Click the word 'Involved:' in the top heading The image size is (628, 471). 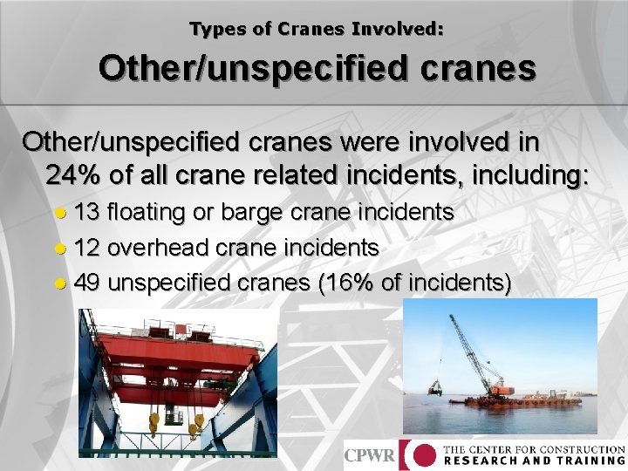pos(397,29)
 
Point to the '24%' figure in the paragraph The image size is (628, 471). pos(73,175)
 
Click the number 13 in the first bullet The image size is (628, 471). pos(87,212)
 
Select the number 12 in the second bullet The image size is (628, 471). pos(87,248)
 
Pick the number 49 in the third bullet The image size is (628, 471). pos(87,283)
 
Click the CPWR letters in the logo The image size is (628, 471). pos(370,454)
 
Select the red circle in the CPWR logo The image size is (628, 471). pos(423,454)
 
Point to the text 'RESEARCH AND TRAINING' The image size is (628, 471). pos(534,461)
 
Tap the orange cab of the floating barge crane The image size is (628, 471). pos(500,388)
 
